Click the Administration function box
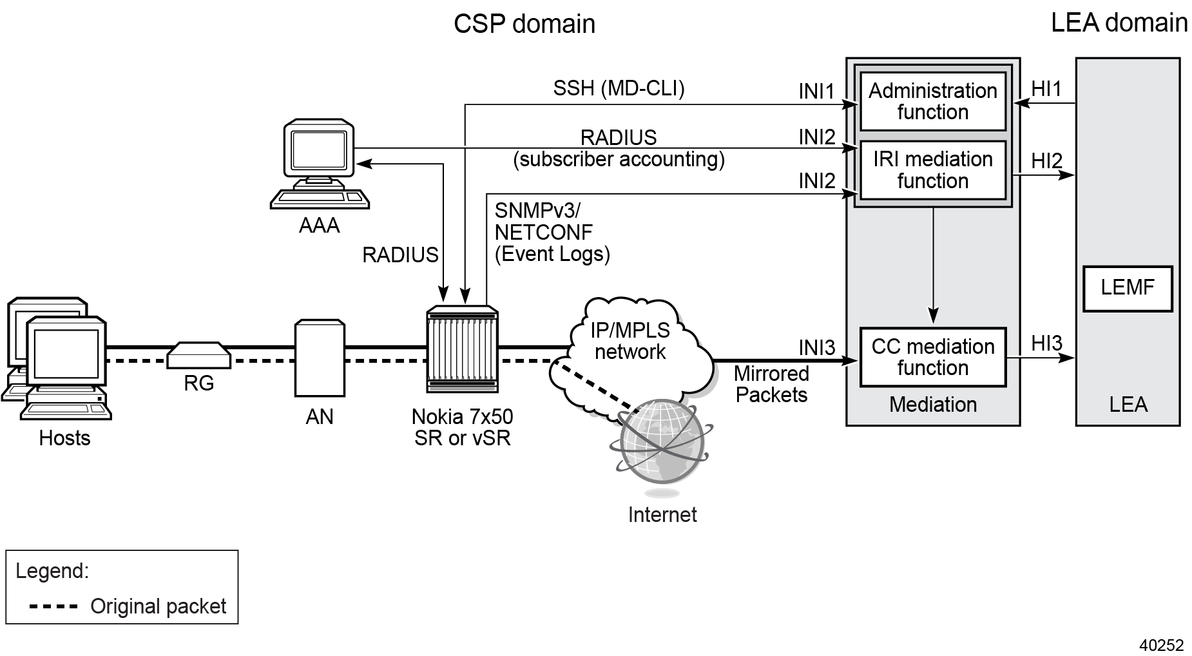pos(932,102)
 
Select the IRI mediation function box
pos(932,170)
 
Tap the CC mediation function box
pos(932,357)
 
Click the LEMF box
pos(1127,288)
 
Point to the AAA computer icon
pos(320,164)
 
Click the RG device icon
pos(198,355)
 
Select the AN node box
pos(320,358)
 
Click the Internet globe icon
pos(662,443)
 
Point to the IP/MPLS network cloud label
pos(630,341)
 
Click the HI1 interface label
pos(1046,89)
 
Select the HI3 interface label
pos(1046,343)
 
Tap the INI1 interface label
pos(816,92)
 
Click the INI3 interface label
pos(816,348)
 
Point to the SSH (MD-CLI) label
pos(619,88)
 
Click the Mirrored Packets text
pos(771,384)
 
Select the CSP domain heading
pos(524,24)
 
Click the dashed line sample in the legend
pos(53,606)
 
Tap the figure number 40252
pos(1161,645)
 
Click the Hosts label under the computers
pos(64,438)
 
